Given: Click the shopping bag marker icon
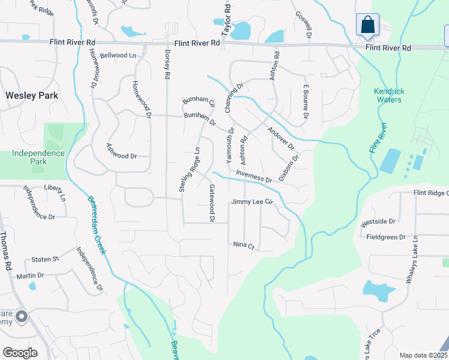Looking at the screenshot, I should (367, 26).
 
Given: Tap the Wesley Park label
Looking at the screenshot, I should (32, 95).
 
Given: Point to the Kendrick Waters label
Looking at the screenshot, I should (389, 95).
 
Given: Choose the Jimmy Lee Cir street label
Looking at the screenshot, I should (252, 202).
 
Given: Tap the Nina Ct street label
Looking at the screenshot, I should (244, 245).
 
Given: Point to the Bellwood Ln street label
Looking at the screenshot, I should (118, 55).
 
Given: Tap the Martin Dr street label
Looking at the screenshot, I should (30, 275).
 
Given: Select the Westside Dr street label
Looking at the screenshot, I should (379, 221).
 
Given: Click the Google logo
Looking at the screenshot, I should (20, 353).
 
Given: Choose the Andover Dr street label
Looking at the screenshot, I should (281, 139).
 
